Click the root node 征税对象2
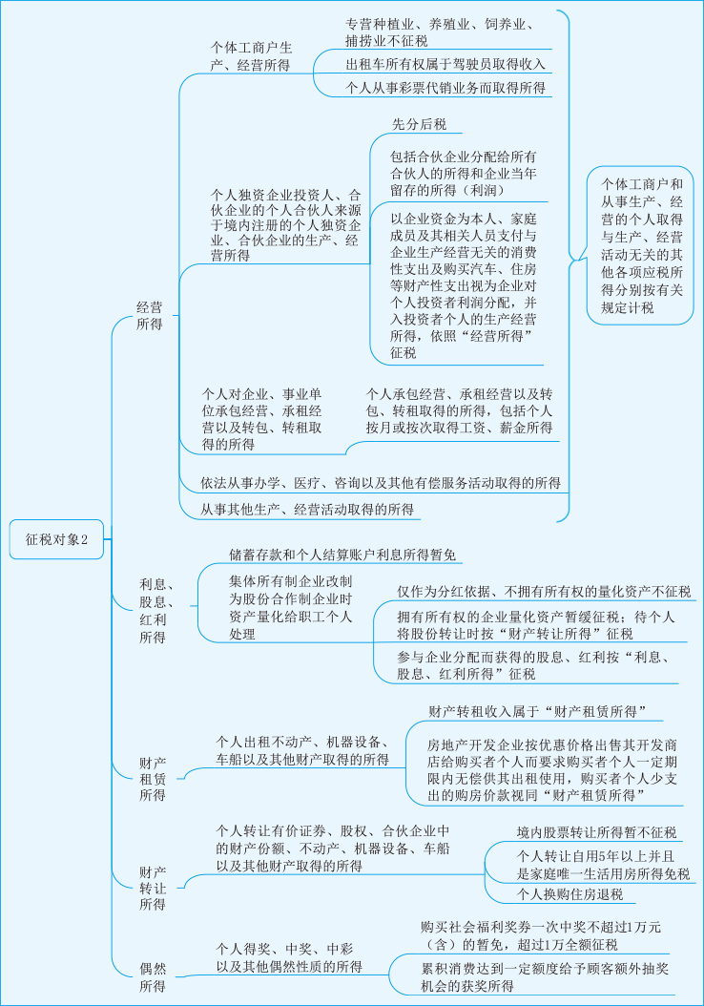point(56,539)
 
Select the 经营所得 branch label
point(149,316)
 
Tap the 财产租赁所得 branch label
point(153,778)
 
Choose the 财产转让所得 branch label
point(153,888)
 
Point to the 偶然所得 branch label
point(153,978)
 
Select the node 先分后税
point(419,124)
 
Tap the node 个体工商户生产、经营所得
point(252,55)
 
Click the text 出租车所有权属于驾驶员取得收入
point(445,64)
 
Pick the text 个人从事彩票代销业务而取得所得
point(445,88)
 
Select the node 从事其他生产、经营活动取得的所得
point(307,510)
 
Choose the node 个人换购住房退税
point(569,894)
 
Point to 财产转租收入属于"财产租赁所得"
point(538,711)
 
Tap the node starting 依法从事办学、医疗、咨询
point(380,483)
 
